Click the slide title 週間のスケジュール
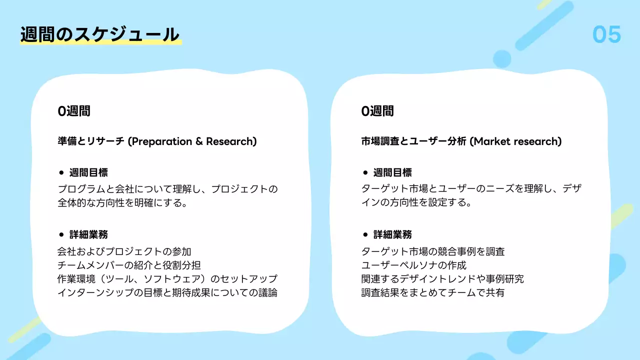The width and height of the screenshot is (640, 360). (99, 34)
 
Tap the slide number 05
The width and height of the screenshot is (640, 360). (606, 34)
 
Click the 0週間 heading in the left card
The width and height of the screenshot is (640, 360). (74, 111)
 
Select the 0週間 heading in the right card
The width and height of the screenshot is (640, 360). (377, 111)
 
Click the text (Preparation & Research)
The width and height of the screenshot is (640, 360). (192, 141)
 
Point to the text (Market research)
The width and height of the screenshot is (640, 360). (515, 141)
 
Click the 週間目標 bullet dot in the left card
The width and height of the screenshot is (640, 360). (61, 173)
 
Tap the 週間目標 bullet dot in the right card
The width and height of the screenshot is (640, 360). (365, 173)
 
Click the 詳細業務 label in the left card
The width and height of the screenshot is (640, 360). (88, 234)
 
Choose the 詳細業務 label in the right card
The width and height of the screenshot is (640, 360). (392, 234)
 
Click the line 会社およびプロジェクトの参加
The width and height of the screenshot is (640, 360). (124, 251)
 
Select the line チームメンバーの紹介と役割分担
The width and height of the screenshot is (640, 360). (129, 265)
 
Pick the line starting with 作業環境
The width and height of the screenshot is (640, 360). (167, 279)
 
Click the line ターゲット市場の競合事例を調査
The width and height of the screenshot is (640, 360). (433, 251)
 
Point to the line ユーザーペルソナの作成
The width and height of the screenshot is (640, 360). (413, 265)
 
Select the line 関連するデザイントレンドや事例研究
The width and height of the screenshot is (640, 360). (442, 279)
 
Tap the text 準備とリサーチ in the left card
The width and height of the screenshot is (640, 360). (91, 141)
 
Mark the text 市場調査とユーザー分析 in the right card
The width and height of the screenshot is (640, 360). (414, 141)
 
